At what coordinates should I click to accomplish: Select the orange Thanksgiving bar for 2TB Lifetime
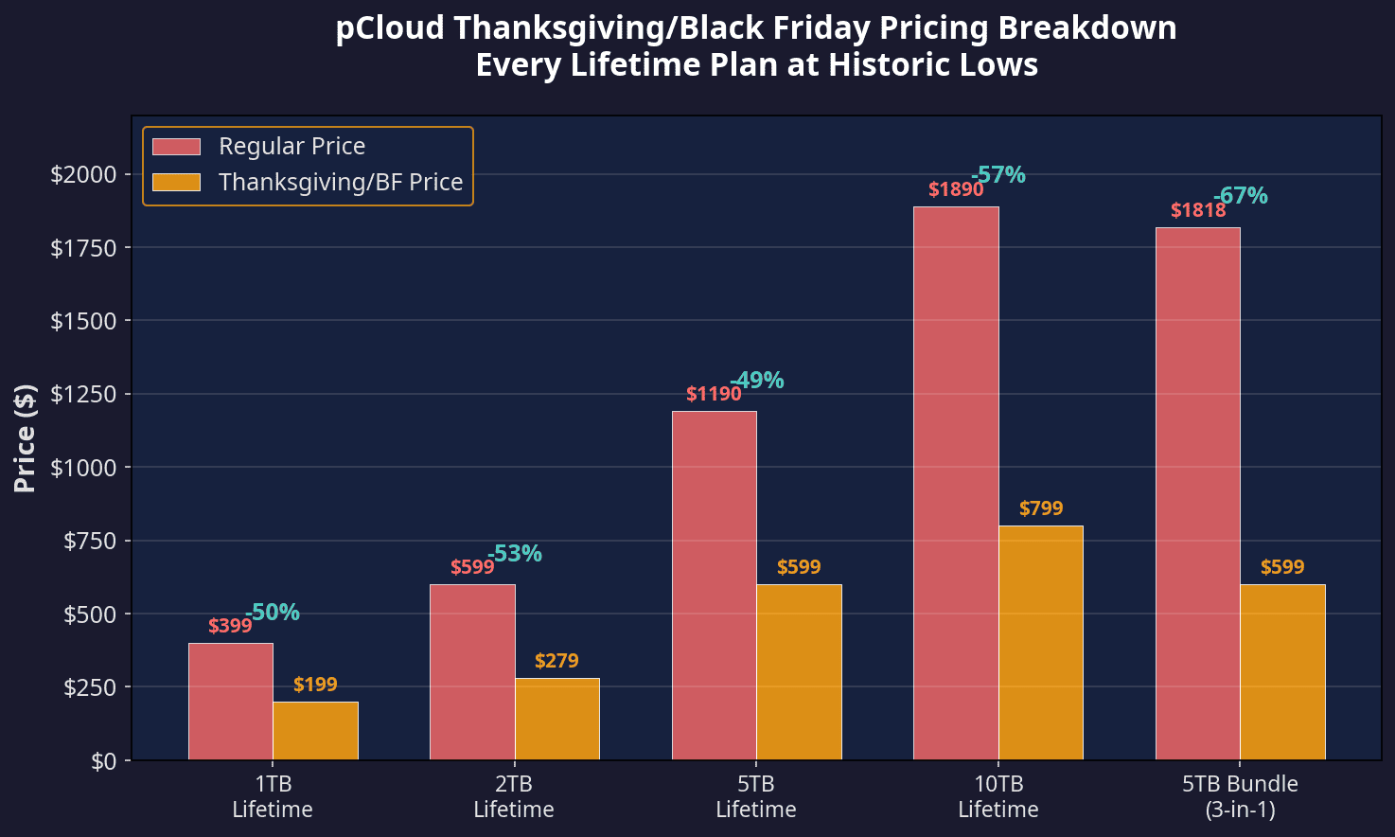point(557,719)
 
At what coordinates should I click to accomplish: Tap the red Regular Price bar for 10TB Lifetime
point(956,483)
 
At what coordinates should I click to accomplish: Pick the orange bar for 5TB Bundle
point(1282,671)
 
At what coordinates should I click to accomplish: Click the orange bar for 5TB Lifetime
point(799,671)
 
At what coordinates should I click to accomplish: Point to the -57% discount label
point(998,175)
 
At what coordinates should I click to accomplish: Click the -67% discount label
point(1241,196)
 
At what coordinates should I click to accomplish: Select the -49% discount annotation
point(757,381)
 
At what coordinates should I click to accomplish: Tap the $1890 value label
point(956,189)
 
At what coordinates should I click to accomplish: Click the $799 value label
point(1041,508)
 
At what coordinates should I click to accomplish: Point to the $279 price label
point(556,661)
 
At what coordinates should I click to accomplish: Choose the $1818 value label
point(1198,210)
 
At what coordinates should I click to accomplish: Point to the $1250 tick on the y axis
point(83,394)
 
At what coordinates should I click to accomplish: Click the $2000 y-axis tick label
point(83,174)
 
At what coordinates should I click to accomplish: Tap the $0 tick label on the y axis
point(104,760)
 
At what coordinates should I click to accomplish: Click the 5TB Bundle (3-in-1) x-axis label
point(1240,796)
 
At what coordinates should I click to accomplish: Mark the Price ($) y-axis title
point(26,438)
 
